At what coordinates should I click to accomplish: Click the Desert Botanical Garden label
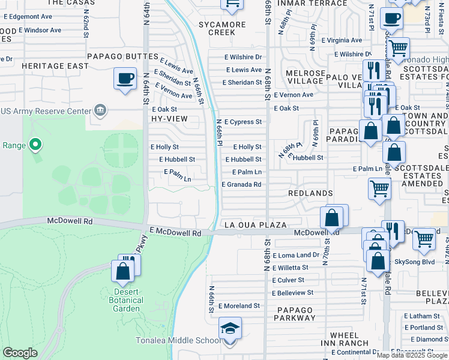pos(125,300)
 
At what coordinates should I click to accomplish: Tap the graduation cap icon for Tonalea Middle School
pos(230,329)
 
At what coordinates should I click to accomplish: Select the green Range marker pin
pos(35,144)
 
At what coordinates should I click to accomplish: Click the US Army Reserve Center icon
pos(100,110)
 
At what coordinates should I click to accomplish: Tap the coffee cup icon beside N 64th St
pos(125,79)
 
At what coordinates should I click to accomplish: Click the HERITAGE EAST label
pos(47,65)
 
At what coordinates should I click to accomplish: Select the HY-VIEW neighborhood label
pos(169,119)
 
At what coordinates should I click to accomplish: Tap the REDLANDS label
pos(310,193)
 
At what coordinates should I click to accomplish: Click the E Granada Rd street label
pos(241,185)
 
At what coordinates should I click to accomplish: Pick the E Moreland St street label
pos(239,305)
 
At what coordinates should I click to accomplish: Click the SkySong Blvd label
pos(415,262)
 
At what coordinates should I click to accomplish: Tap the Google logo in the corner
pos(20,353)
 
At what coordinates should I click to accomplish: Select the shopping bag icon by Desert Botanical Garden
pos(123,271)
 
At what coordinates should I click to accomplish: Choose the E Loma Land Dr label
pos(295,255)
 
